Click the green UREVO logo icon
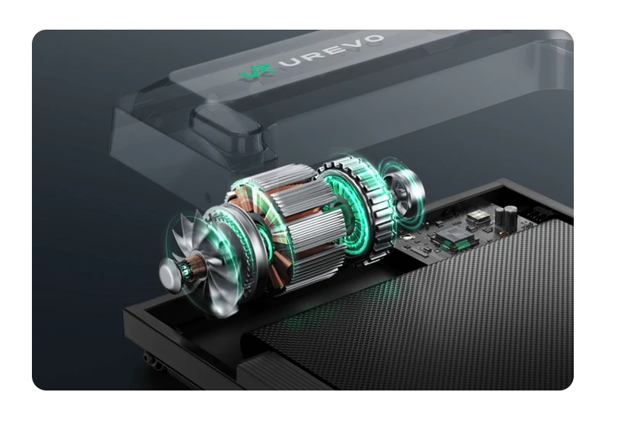[256, 71]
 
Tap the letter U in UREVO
[295, 62]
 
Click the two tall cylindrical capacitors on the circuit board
[506, 217]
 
